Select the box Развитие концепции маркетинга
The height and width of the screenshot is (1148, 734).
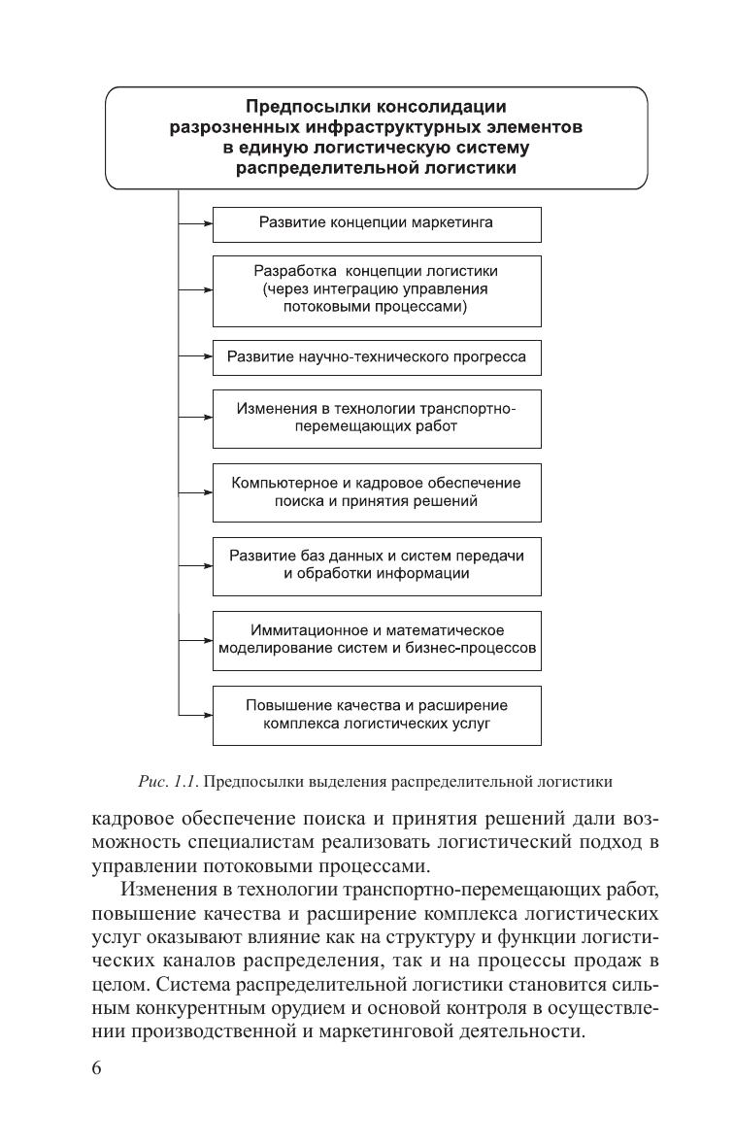[376, 222]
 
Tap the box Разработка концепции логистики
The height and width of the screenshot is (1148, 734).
[376, 289]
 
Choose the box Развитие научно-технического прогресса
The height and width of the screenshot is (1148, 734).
[376, 356]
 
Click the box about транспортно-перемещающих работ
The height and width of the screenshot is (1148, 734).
[376, 418]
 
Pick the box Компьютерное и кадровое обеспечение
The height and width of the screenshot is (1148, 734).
[376, 492]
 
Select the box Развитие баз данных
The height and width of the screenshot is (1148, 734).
[376, 565]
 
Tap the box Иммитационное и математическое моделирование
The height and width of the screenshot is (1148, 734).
[376, 639]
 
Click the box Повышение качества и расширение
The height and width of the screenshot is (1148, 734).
[376, 715]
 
